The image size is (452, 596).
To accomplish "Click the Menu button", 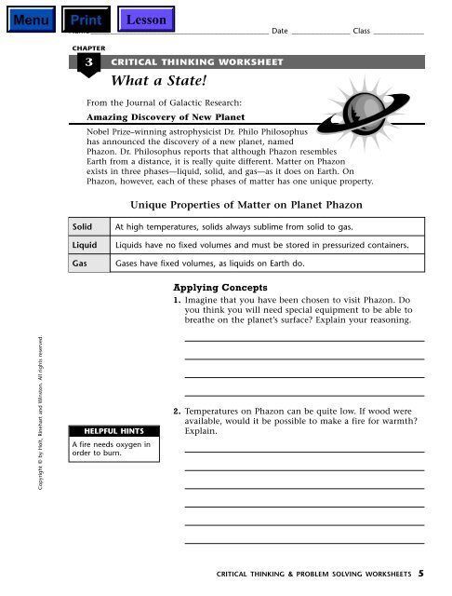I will point(27,18).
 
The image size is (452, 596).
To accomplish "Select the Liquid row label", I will point(85,244).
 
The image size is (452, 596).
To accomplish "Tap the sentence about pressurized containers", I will point(260,244).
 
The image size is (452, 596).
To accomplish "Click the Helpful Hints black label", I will point(113,432).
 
